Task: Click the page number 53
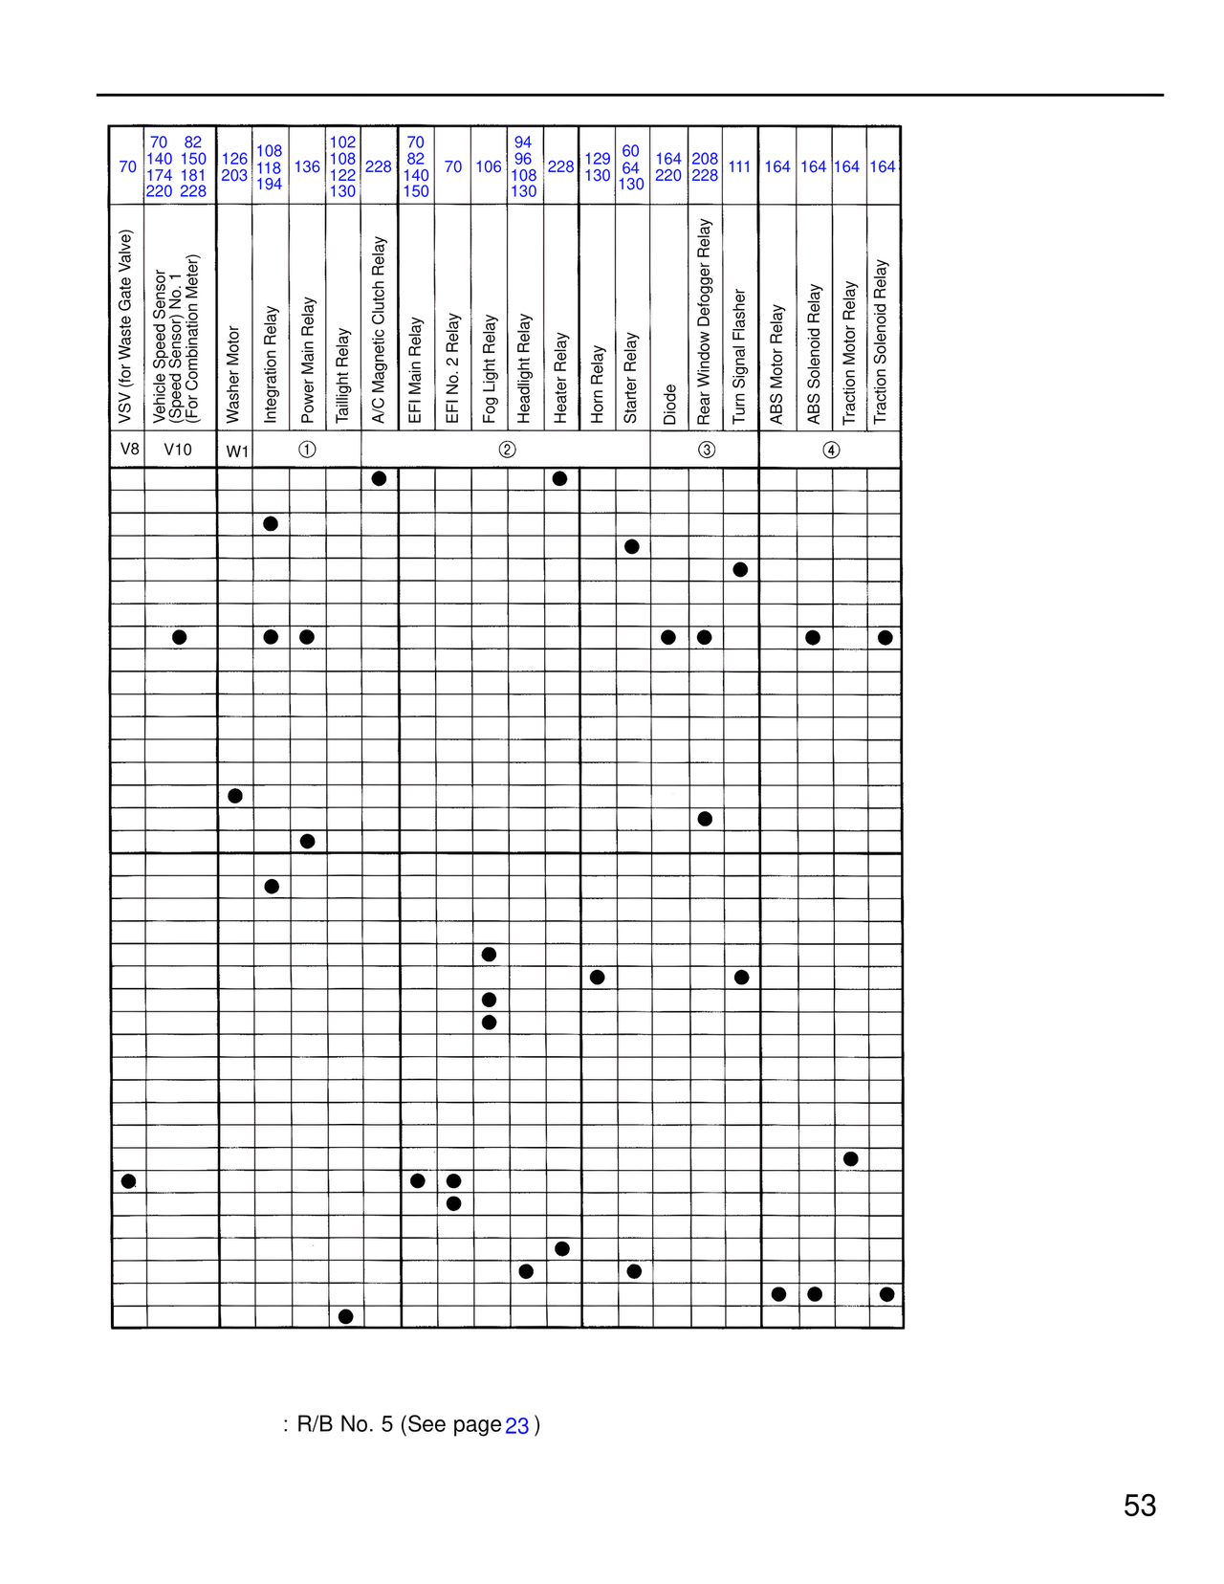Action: tap(1139, 1506)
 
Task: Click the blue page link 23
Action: tap(516, 1426)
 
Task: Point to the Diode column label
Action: tap(669, 405)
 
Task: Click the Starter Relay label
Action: tap(631, 378)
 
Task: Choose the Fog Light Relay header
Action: tap(490, 368)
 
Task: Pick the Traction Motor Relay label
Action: tap(849, 352)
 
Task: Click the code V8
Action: tap(129, 450)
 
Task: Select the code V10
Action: tap(178, 450)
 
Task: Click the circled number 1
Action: tap(307, 450)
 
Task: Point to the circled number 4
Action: tap(831, 451)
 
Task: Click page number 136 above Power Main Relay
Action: tap(307, 166)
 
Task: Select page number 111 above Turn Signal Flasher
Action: tap(739, 166)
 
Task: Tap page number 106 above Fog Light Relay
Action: tap(489, 166)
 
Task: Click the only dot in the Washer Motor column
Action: tap(235, 796)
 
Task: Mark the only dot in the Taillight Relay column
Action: tap(346, 1316)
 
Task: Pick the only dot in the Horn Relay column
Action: tap(598, 977)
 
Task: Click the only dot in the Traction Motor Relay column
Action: tap(851, 1158)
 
